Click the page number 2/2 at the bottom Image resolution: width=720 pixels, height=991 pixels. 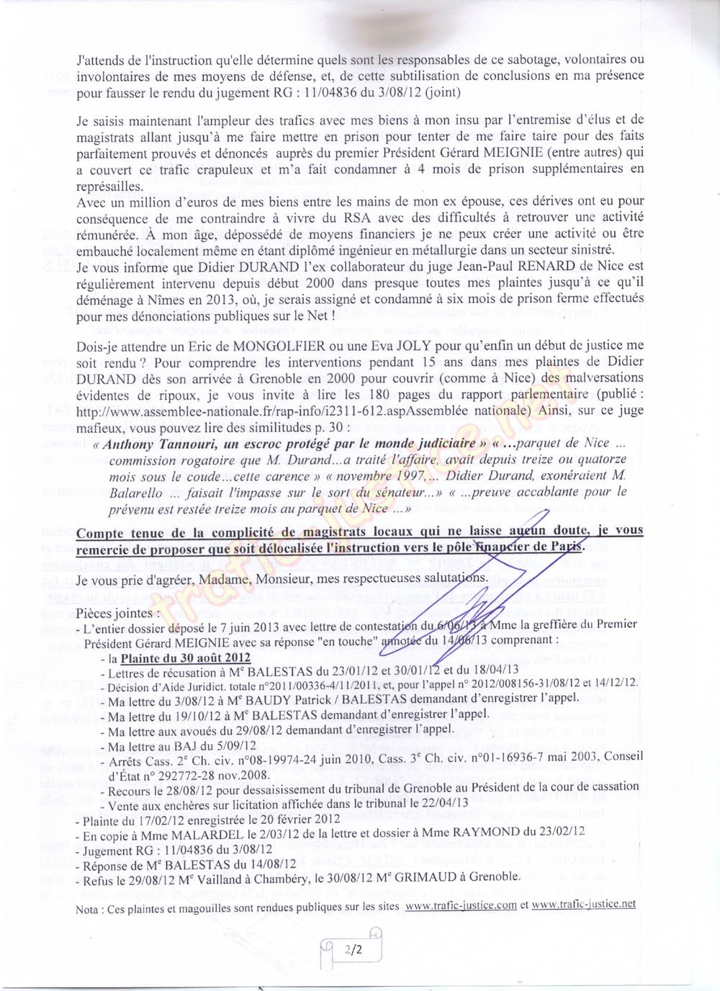tap(353, 950)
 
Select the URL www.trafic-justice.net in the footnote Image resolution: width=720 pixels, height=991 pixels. tap(583, 905)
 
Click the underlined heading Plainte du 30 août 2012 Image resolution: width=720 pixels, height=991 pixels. tap(185, 658)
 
